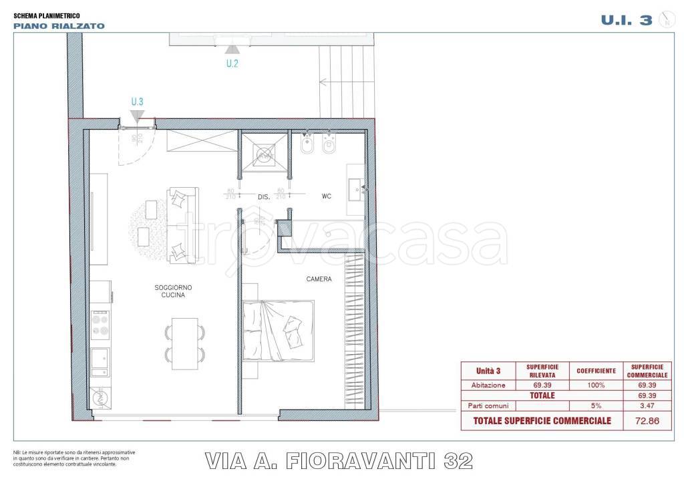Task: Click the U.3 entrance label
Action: tap(137, 102)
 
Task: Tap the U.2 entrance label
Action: tap(232, 64)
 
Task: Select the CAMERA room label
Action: tap(319, 279)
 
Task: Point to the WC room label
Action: tap(327, 196)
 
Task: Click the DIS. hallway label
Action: tap(263, 197)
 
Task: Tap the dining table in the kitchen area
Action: tap(185, 343)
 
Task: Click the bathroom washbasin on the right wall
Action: tap(356, 189)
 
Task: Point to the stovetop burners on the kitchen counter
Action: tap(100, 324)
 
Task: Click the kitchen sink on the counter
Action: tap(100, 361)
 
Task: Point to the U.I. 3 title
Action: tap(626, 20)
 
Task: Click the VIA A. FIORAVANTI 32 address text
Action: tap(339, 460)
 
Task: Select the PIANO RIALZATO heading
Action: tap(59, 26)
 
